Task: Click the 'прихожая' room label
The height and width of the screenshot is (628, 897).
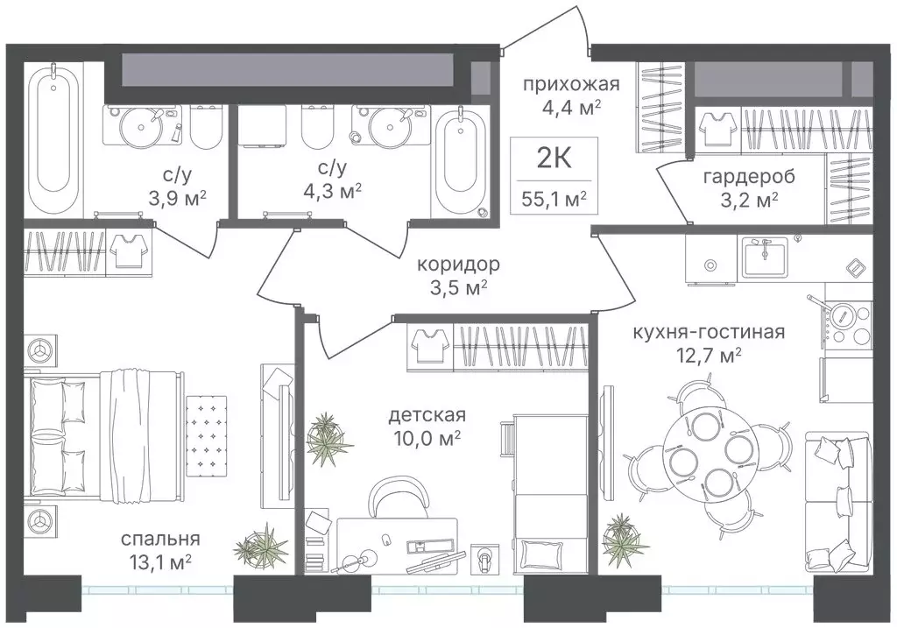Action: [x=571, y=85]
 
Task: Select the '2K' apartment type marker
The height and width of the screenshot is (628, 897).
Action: [x=554, y=159]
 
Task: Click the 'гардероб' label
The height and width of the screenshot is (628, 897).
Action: [x=749, y=177]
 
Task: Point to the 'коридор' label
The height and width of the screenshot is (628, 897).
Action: [x=458, y=265]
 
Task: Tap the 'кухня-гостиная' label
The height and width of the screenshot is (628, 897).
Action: [x=708, y=332]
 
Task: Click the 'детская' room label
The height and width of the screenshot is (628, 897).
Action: [x=427, y=414]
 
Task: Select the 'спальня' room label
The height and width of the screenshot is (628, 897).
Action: [x=160, y=540]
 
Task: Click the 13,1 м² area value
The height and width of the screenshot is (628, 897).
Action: [x=156, y=563]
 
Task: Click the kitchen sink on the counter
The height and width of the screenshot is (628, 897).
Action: [x=765, y=257]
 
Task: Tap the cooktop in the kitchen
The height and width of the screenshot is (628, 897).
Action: [x=848, y=323]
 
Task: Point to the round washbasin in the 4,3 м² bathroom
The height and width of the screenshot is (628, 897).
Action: [x=390, y=124]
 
